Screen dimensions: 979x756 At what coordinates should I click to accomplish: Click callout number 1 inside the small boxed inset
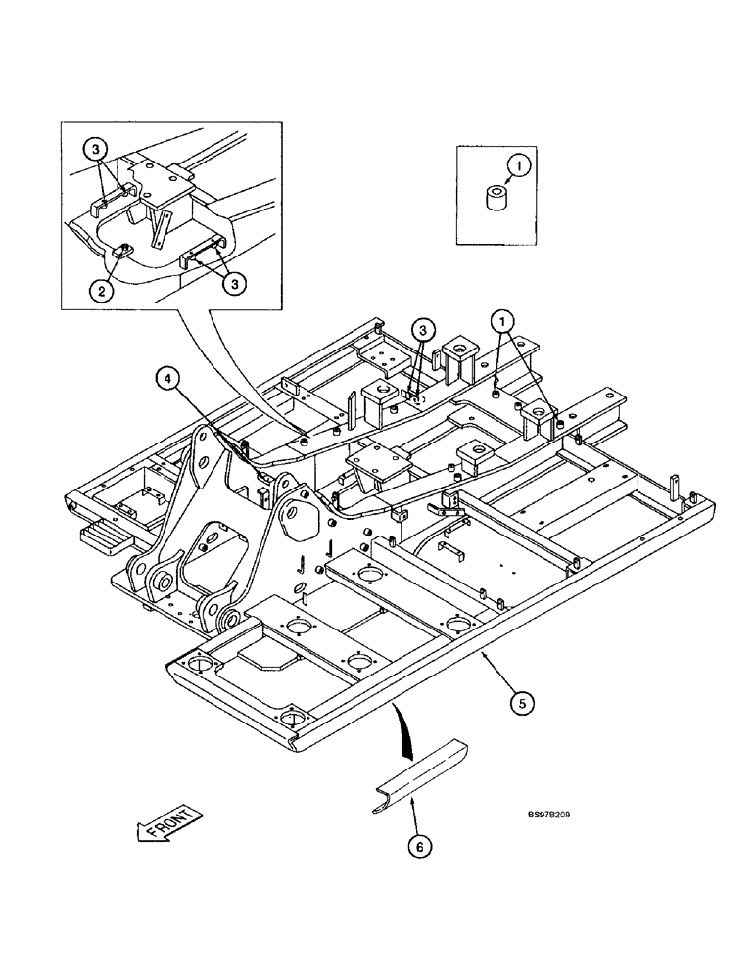[x=521, y=165]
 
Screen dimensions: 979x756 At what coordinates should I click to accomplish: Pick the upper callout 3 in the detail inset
[x=94, y=150]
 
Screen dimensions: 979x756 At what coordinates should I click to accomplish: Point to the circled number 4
[x=167, y=374]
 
